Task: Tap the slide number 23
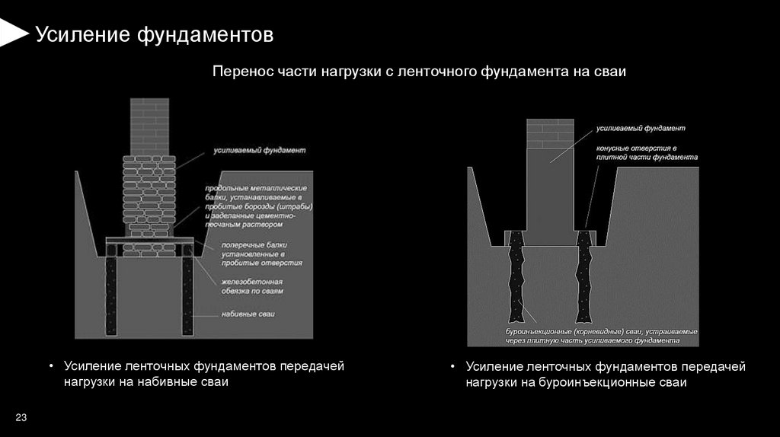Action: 21,416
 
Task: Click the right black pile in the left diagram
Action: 187,296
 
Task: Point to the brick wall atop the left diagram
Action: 149,126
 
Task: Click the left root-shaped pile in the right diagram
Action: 517,278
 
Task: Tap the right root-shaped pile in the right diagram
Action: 585,278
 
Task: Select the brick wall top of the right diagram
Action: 549,133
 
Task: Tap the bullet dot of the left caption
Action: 51,368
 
